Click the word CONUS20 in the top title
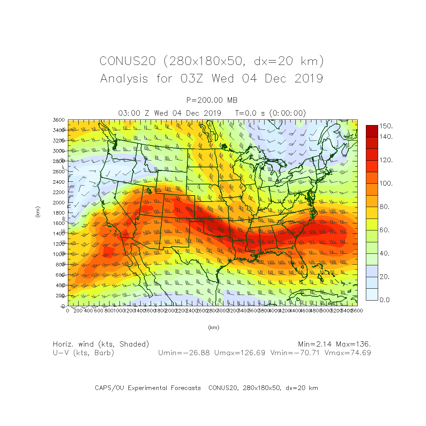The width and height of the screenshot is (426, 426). tap(127, 61)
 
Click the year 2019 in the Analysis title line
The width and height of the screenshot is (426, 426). tap(309, 79)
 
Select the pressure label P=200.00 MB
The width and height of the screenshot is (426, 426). tap(212, 100)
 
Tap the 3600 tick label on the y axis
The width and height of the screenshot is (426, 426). tap(59, 120)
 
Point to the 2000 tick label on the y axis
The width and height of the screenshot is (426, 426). tap(59, 203)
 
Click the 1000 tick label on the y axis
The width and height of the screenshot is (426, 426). tap(59, 254)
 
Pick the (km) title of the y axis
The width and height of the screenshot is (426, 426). tap(38, 212)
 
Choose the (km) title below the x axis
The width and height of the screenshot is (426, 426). tap(213, 327)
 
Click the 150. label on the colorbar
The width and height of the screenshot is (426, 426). tap(386, 126)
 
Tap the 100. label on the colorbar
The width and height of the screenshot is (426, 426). tap(386, 184)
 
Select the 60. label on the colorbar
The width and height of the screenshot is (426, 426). tap(385, 230)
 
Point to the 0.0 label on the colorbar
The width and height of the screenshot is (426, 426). tap(385, 300)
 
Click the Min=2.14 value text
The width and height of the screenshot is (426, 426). tap(315, 344)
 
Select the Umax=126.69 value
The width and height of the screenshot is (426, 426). tap(240, 353)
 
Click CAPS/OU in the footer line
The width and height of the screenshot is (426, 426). tap(109, 388)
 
